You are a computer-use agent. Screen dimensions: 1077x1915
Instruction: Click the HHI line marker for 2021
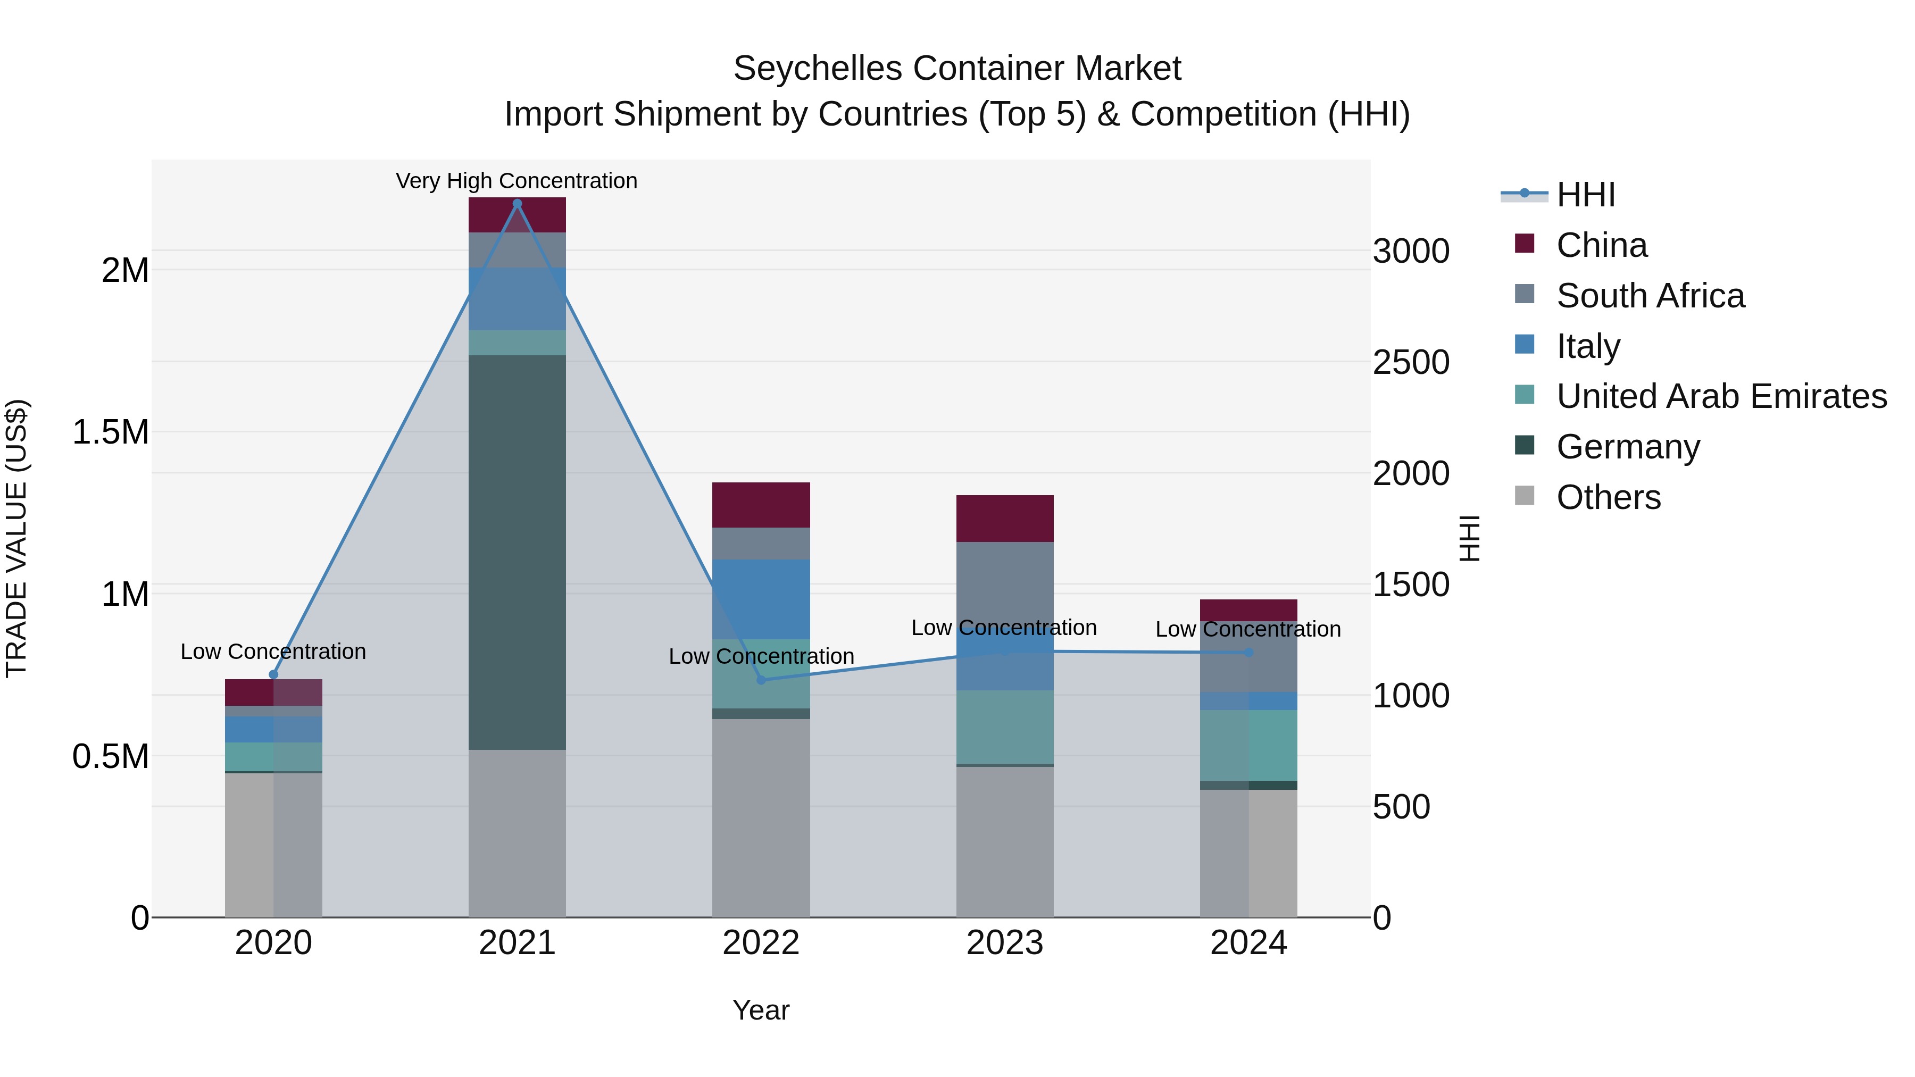[x=518, y=204]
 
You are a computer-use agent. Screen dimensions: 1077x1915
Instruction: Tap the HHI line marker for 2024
[x=1248, y=653]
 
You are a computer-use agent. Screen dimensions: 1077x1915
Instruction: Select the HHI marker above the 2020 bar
[x=273, y=674]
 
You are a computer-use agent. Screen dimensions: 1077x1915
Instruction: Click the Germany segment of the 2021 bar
[x=518, y=552]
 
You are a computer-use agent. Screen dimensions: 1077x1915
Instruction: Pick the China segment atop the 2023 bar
[x=1004, y=518]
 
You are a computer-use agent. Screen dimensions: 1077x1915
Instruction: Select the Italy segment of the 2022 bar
[x=761, y=598]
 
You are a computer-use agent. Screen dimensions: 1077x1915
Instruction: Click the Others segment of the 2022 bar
[x=761, y=817]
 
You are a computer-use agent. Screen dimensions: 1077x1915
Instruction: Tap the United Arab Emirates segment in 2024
[x=1248, y=745]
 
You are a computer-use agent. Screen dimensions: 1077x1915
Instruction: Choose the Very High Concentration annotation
[x=517, y=181]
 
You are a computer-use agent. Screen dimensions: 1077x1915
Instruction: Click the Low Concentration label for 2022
[x=761, y=656]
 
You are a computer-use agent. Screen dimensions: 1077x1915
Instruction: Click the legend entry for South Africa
[x=1650, y=296]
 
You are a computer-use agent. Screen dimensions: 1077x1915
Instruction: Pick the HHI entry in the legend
[x=1585, y=195]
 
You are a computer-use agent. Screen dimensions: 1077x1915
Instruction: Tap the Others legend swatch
[x=1524, y=496]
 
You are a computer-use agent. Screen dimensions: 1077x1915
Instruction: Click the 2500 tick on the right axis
[x=1410, y=362]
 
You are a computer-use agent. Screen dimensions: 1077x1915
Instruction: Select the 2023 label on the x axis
[x=1004, y=942]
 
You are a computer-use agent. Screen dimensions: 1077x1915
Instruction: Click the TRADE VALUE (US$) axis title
[x=16, y=538]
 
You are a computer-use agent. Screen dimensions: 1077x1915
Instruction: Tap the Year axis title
[x=761, y=1010]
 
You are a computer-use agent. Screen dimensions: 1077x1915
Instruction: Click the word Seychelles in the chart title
[x=817, y=69]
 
